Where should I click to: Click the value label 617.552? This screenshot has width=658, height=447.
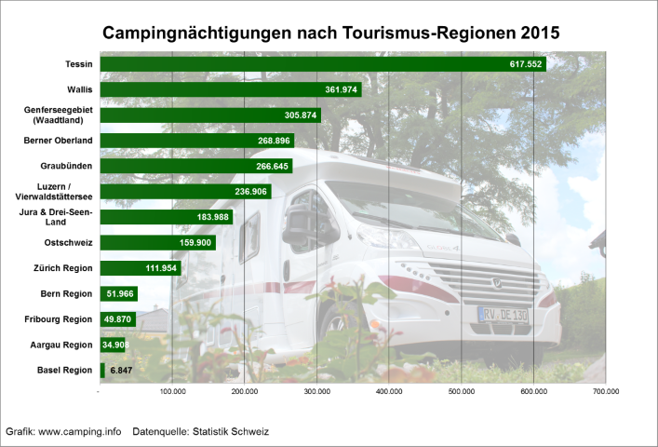pyautogui.click(x=526, y=64)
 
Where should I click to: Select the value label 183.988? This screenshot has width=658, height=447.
pyautogui.click(x=210, y=218)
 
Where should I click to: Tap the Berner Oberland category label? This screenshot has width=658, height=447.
pyautogui.click(x=58, y=141)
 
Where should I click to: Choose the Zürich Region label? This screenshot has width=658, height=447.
pyautogui.click(x=60, y=268)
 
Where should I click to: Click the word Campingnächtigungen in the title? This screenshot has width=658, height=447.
pyautogui.click(x=195, y=33)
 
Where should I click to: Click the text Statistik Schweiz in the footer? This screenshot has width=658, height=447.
pyautogui.click(x=238, y=432)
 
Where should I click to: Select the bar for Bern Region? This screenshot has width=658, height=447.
pyautogui.click(x=117, y=294)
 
